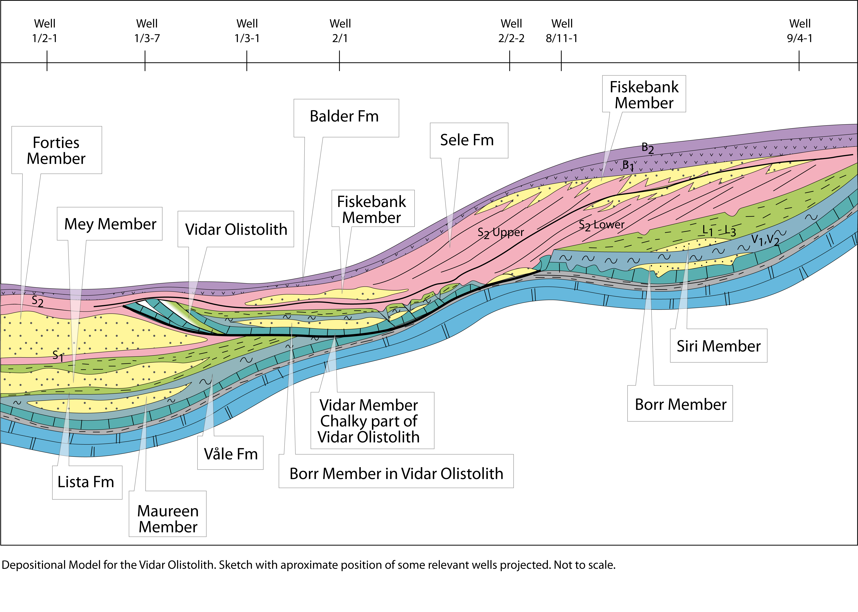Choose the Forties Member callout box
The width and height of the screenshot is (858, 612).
pyautogui.click(x=57, y=150)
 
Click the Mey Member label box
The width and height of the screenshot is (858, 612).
pyautogui.click(x=110, y=223)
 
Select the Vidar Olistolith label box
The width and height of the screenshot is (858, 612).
pyautogui.click(x=236, y=229)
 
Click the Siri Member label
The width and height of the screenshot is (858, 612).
pyautogui.click(x=719, y=346)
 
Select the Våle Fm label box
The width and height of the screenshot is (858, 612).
pyautogui.click(x=230, y=453)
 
